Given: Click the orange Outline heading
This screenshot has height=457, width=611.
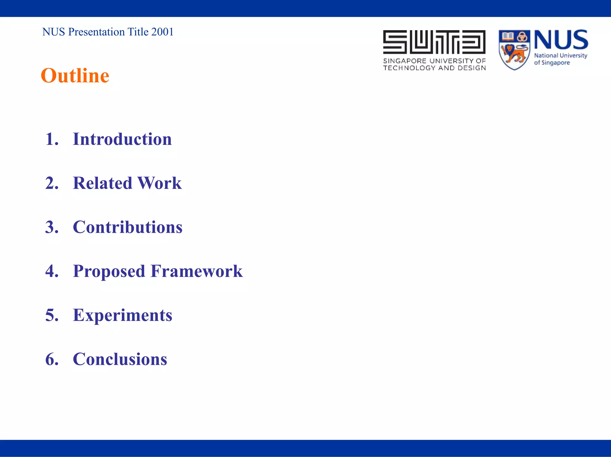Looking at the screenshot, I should coord(75,75).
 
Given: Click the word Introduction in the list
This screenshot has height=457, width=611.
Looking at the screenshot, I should coord(122,139).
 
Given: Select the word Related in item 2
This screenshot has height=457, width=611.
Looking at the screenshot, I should coord(102,183).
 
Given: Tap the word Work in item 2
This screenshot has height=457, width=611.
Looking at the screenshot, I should coord(159,183).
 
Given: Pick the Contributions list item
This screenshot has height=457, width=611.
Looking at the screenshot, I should coord(127,227).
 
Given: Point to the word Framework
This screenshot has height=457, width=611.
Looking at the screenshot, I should coord(197,271).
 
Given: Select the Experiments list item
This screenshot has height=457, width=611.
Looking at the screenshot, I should coord(122,315).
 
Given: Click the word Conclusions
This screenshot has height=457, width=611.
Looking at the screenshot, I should coord(120,359).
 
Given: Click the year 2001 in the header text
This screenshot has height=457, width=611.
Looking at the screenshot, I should coord(162,32).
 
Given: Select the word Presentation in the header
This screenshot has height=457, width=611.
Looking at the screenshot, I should coord(96,32).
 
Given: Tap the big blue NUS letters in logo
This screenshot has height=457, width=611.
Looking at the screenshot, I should coord(561,40).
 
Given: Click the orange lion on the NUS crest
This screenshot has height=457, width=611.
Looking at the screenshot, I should coord(514,54).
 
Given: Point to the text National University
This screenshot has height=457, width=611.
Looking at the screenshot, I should coord(560,55).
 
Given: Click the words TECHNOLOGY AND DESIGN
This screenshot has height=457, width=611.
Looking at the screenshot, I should coord(434,68).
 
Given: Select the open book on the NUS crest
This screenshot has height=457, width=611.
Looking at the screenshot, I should coord(507,36).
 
